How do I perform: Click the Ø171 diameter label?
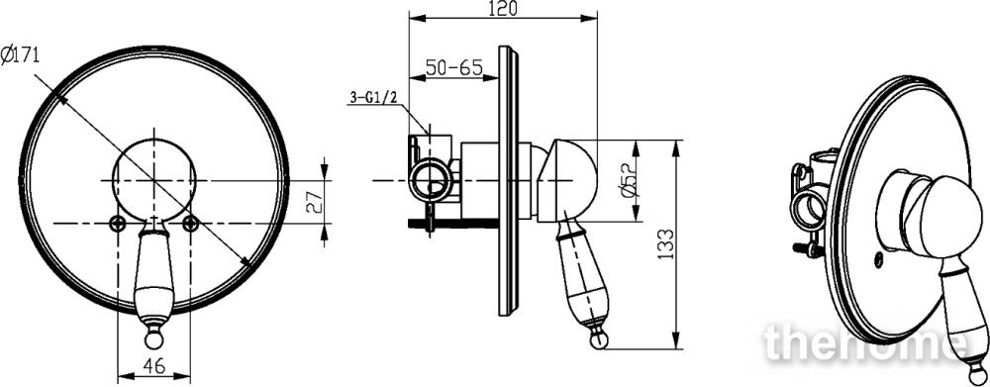pos(20,54)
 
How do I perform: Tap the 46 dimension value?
pos(154,365)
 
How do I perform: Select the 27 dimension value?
pos(315,201)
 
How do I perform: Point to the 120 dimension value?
pos(503,9)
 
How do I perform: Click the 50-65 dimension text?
pos(453,67)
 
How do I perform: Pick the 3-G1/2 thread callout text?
pos(373,98)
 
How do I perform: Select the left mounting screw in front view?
pos(118,223)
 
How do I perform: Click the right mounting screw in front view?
pos(190,223)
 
